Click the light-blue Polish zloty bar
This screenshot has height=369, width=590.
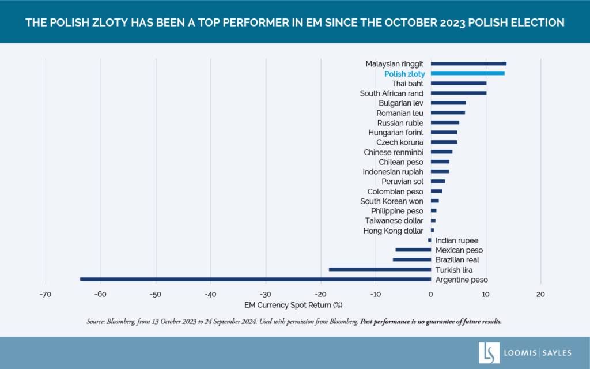[x=467, y=73]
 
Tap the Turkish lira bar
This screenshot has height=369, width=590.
[x=380, y=269]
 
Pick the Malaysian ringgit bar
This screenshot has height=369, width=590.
[x=468, y=63]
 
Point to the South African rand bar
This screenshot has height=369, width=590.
[x=458, y=93]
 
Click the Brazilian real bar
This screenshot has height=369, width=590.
[x=411, y=259]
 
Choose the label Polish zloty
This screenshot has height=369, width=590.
[x=404, y=74]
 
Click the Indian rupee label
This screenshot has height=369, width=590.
[x=457, y=240]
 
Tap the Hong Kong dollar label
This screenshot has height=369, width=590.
[x=394, y=231]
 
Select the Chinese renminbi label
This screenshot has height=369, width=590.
[x=394, y=152]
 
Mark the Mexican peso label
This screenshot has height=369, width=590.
[x=459, y=250]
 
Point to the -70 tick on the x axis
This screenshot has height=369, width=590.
[x=46, y=294]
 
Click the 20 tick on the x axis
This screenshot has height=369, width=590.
[x=540, y=294]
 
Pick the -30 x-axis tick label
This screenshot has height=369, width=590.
[x=265, y=294]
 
